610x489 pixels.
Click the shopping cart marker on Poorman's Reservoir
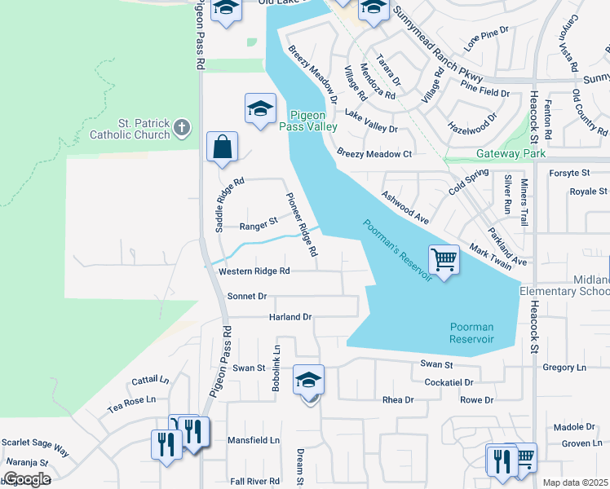pyautogui.click(x=444, y=261)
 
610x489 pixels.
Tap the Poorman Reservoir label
pyautogui.click(x=472, y=333)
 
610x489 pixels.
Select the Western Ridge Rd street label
pyautogui.click(x=254, y=271)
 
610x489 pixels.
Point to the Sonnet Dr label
pyautogui.click(x=247, y=297)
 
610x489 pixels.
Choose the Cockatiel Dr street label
pyautogui.click(x=449, y=381)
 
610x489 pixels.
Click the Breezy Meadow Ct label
pyautogui.click(x=374, y=153)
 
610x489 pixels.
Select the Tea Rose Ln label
pyautogui.click(x=131, y=401)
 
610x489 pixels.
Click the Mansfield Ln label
pyautogui.click(x=253, y=439)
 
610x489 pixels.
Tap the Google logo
pyautogui.click(x=26, y=478)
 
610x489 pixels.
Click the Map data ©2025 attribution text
pyautogui.click(x=576, y=482)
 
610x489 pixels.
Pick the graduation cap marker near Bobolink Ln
pyautogui.click(x=309, y=381)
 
